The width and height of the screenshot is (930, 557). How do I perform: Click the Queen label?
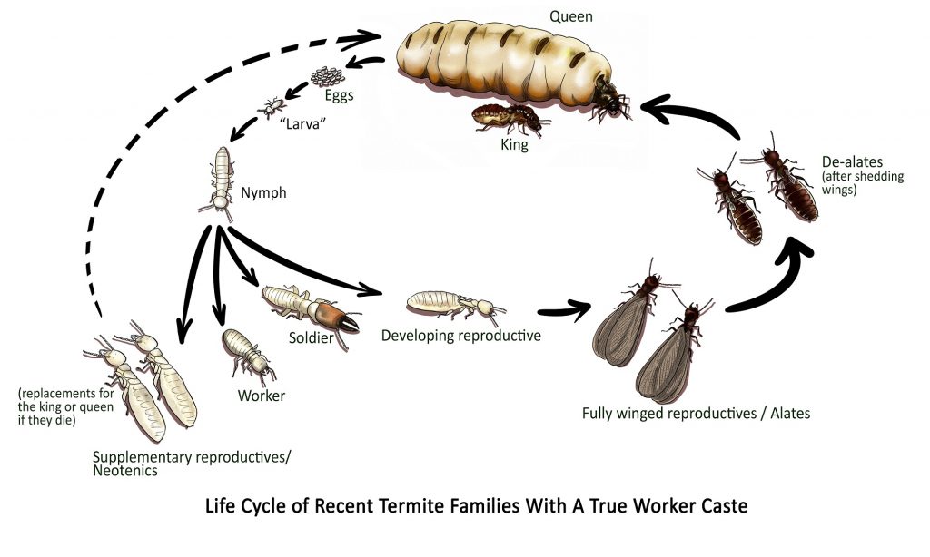pos(570,15)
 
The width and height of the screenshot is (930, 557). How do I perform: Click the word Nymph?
pos(263,192)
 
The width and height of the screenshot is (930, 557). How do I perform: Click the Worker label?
pos(262,396)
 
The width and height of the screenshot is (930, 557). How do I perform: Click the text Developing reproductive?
pos(461,336)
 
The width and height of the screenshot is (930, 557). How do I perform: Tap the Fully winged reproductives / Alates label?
pos(696,414)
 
